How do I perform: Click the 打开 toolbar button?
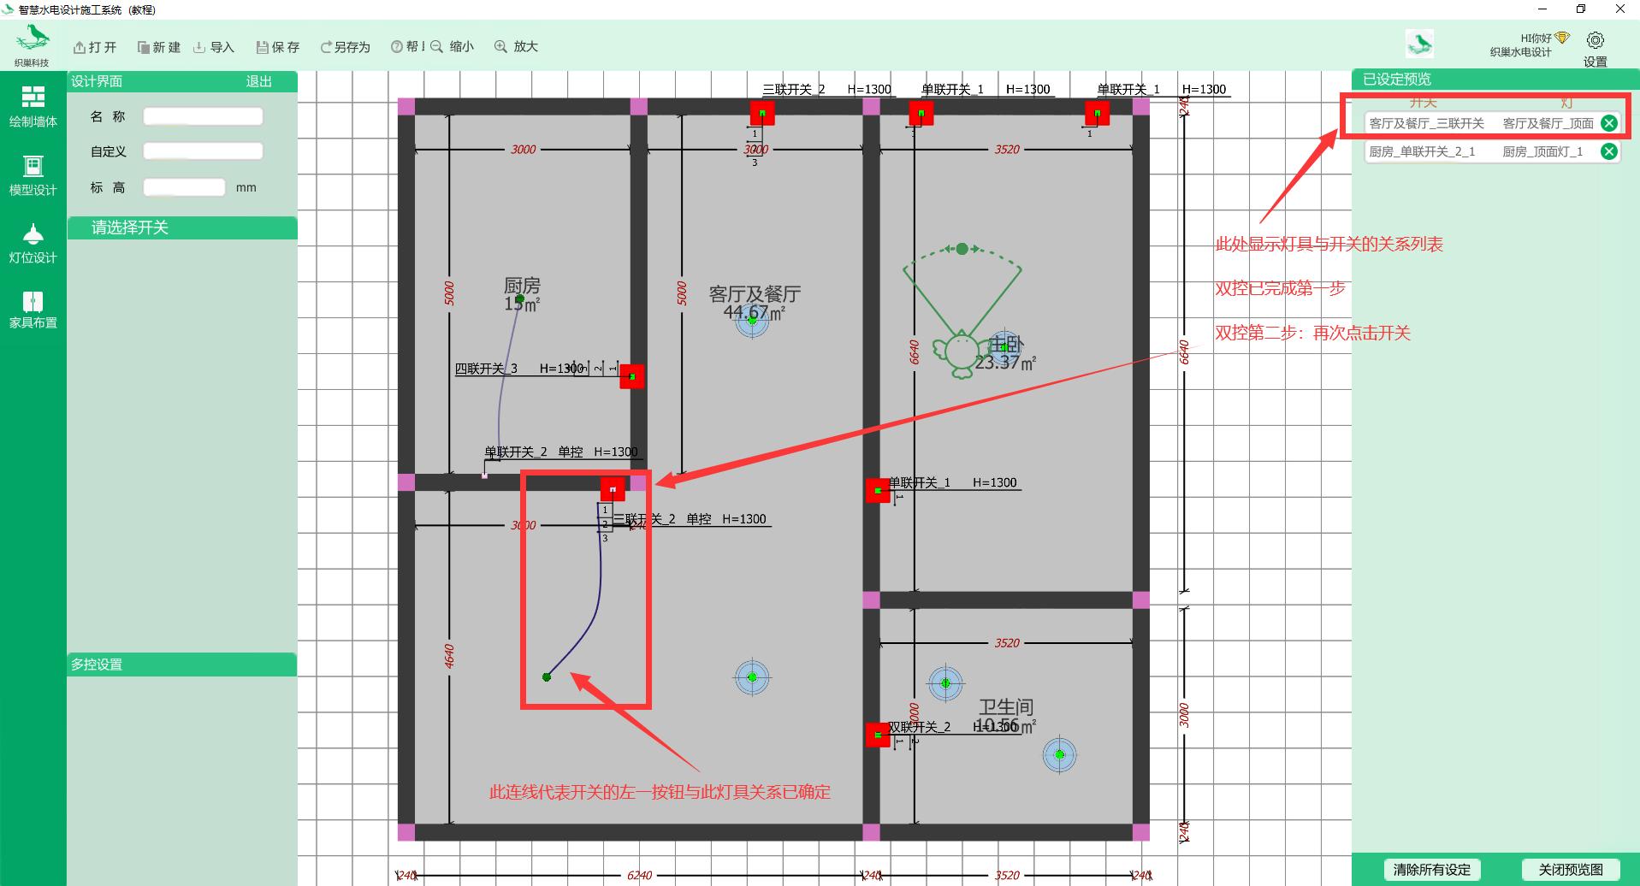coord(95,47)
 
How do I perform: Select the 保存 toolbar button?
coord(278,47)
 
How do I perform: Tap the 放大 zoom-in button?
coord(516,47)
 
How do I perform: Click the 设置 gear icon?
coord(1595,41)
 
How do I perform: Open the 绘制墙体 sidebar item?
coord(33,107)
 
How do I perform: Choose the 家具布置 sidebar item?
coord(33,310)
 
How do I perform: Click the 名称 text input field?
coord(203,116)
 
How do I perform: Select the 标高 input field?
coord(184,187)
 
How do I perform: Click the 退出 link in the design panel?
coord(258,81)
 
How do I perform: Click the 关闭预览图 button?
coord(1570,870)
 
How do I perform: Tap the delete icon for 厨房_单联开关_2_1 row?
coord(1608,151)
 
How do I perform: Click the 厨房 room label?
coord(522,286)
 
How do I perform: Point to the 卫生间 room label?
coord(1006,707)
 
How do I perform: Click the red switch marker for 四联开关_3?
coord(632,376)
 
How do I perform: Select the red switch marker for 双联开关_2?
coord(878,735)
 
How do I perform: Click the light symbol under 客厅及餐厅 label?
coord(752,320)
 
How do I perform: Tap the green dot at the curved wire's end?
coord(547,677)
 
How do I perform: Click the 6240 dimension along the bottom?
coord(639,875)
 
